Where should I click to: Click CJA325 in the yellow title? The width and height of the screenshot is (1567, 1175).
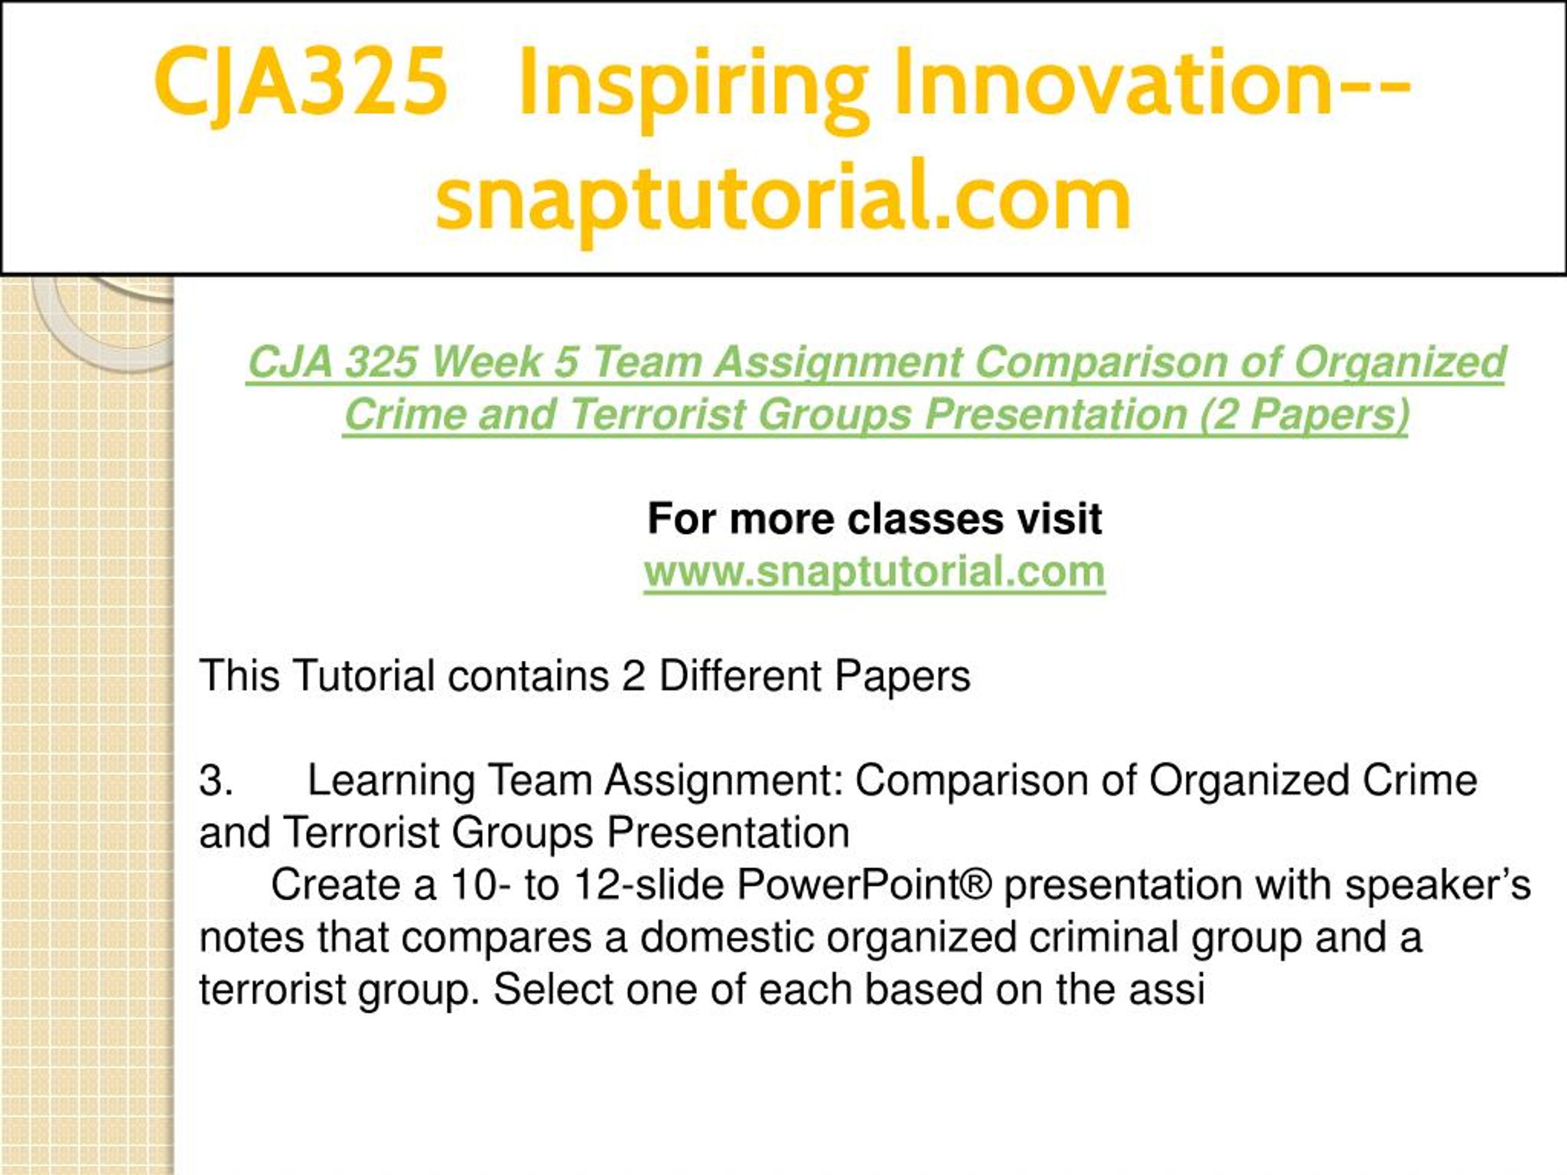301,82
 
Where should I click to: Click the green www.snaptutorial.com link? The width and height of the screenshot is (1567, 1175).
875,572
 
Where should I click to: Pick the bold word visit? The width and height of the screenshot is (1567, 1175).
1059,519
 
